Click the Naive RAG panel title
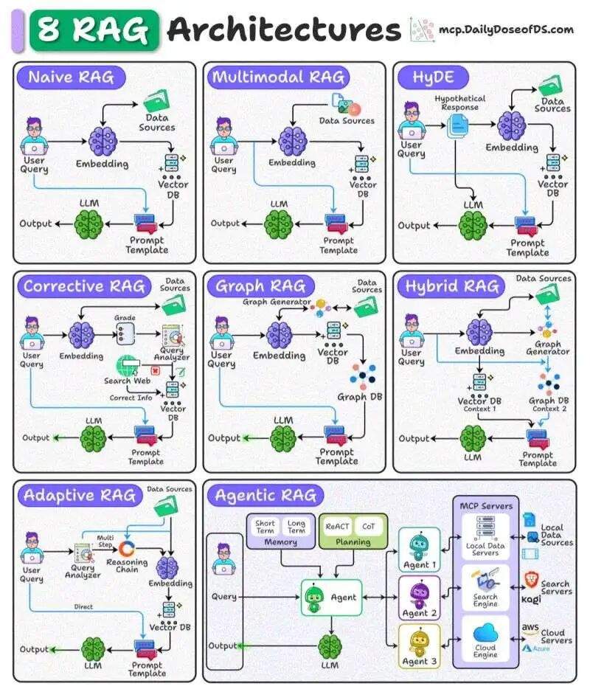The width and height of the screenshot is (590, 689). pos(71,77)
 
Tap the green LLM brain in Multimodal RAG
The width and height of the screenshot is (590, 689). pos(279,224)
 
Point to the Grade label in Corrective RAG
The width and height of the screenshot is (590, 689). pos(125,318)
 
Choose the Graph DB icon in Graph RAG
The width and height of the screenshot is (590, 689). pos(362,376)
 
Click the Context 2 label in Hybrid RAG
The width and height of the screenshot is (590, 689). pos(549,409)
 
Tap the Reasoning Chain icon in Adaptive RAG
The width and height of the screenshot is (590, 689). pos(127,549)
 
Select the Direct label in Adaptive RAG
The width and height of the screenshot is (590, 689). pos(83,607)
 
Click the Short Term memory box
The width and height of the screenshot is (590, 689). pos(265,527)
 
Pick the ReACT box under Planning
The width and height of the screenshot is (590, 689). pos(337,527)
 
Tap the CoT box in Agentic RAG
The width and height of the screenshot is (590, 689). pos(368,527)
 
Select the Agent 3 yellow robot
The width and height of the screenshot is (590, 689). pos(418,642)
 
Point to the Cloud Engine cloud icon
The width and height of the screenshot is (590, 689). pos(485,633)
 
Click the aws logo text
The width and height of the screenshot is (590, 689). pos(530,628)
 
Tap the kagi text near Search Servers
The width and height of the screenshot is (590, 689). pos(531,600)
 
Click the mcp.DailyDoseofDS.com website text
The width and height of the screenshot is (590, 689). pos(507,30)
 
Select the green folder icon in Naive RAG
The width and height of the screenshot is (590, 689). pos(156,100)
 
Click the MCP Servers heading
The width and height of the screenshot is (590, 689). pos(486,506)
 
